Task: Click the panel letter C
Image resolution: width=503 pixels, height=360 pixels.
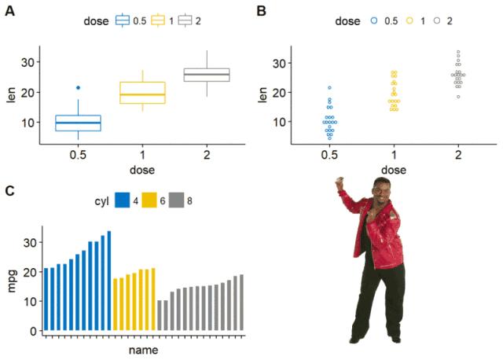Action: tap(9, 190)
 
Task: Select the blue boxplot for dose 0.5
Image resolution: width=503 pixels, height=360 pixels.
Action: tap(78, 123)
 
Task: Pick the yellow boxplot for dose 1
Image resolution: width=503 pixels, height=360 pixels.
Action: tap(142, 93)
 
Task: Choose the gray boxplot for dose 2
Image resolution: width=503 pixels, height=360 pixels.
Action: tap(207, 75)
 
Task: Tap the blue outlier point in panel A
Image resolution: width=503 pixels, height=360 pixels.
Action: tap(78, 87)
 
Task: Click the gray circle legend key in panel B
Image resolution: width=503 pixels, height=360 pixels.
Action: tap(437, 21)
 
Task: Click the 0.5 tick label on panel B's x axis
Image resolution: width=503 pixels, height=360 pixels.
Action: tap(330, 156)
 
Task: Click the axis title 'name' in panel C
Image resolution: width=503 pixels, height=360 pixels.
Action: tap(143, 350)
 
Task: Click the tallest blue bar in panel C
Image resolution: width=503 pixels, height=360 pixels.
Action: tap(109, 281)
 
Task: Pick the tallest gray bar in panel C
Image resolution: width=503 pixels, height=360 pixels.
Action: tap(241, 303)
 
